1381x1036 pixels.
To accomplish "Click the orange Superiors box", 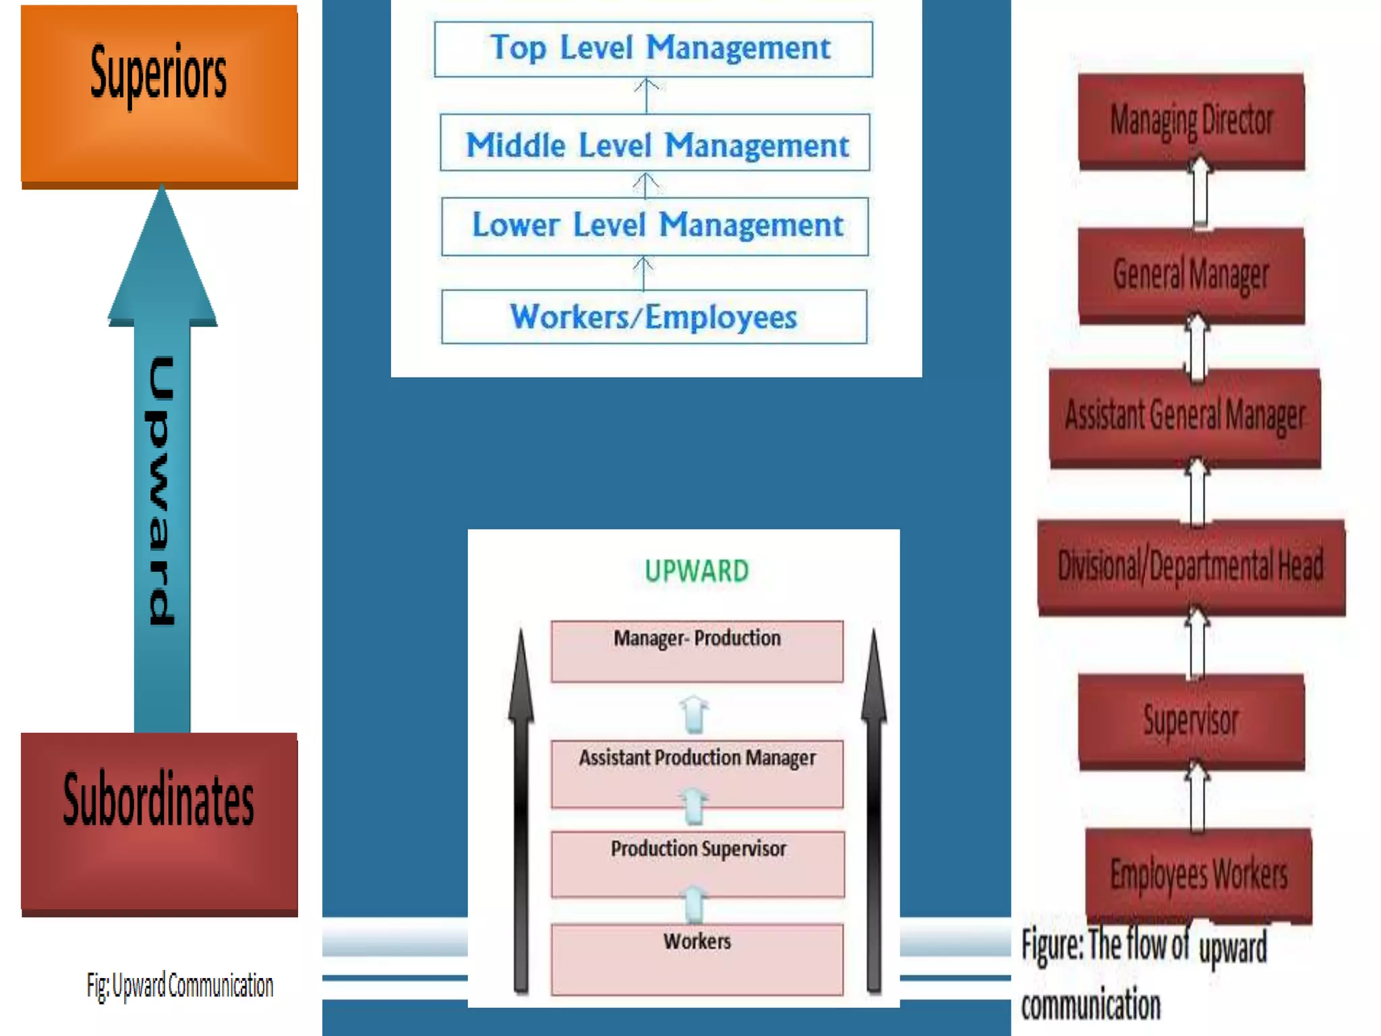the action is click(x=159, y=94).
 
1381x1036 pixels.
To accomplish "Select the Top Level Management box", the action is click(x=653, y=49).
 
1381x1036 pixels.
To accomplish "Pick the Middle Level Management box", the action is click(x=655, y=143).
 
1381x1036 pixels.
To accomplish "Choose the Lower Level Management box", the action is click(x=655, y=226).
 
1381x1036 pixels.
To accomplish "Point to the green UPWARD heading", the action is click(x=697, y=571).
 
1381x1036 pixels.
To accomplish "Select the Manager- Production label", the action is click(x=697, y=638).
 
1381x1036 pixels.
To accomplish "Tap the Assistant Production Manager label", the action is click(x=697, y=758).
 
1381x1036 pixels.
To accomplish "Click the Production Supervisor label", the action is click(x=698, y=848).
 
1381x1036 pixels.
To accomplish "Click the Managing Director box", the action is click(x=1192, y=120).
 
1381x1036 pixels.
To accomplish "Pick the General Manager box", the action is click(x=1192, y=275).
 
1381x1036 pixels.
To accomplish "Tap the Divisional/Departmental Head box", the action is click(x=1191, y=566).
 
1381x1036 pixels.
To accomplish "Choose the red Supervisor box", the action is click(x=1192, y=720).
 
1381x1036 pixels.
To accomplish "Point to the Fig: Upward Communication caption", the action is click(x=180, y=985).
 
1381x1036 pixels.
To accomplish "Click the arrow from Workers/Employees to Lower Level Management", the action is click(x=643, y=273).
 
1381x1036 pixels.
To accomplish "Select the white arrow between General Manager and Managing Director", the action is click(x=1200, y=194).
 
